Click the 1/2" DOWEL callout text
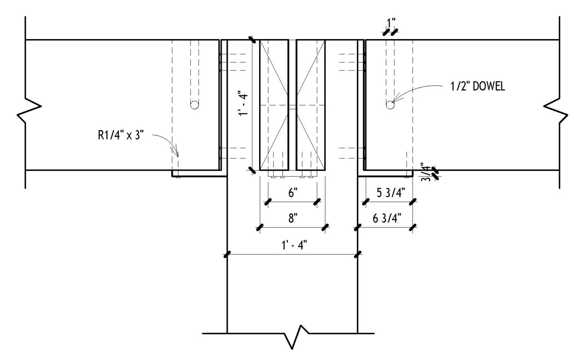[x=478, y=86]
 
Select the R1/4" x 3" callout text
[x=121, y=135]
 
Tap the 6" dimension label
[x=293, y=193]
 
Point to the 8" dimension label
[x=293, y=218]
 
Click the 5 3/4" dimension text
[x=391, y=193]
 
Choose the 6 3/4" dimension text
[x=387, y=218]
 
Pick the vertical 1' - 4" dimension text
[x=243, y=103]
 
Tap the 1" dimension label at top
[x=391, y=23]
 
